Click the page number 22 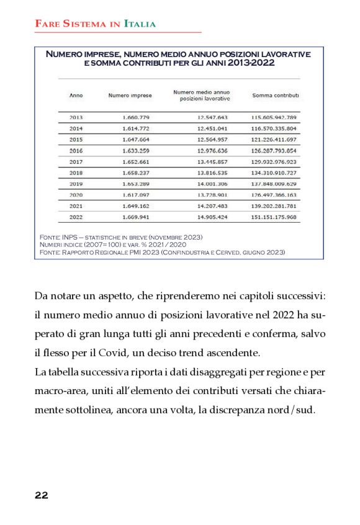(41, 495)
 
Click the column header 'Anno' (76, 96)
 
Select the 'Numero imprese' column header (130, 96)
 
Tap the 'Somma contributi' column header (276, 96)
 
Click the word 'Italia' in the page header (140, 24)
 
